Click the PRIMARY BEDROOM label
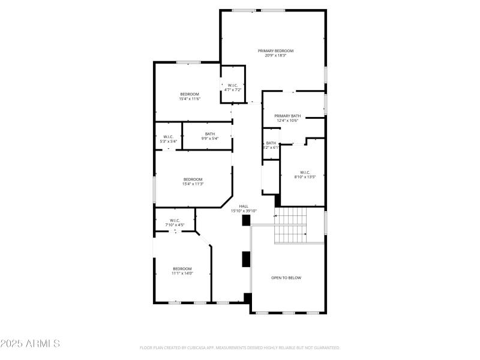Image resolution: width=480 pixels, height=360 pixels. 275,51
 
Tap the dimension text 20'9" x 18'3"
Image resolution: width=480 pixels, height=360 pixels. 275,56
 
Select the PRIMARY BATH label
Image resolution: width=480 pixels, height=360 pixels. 287,116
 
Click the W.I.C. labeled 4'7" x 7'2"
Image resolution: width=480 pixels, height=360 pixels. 233,85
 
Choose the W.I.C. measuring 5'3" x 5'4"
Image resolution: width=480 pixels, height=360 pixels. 169,136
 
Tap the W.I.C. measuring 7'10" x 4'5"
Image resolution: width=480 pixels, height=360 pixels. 175,220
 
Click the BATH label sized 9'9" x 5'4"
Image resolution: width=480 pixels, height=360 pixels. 209,134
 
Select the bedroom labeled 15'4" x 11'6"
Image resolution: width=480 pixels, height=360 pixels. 189,94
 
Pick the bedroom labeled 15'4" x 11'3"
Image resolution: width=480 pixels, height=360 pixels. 193,179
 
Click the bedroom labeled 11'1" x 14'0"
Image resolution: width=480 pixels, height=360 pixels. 182,268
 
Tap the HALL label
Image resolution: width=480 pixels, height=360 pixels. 244,206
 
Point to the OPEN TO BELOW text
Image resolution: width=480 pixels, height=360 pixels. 286,278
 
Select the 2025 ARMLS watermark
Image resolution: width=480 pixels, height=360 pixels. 30,344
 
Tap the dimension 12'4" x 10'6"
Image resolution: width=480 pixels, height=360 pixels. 287,121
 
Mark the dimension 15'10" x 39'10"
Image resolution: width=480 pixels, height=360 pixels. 244,211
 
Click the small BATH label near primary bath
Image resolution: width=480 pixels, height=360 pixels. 271,143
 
